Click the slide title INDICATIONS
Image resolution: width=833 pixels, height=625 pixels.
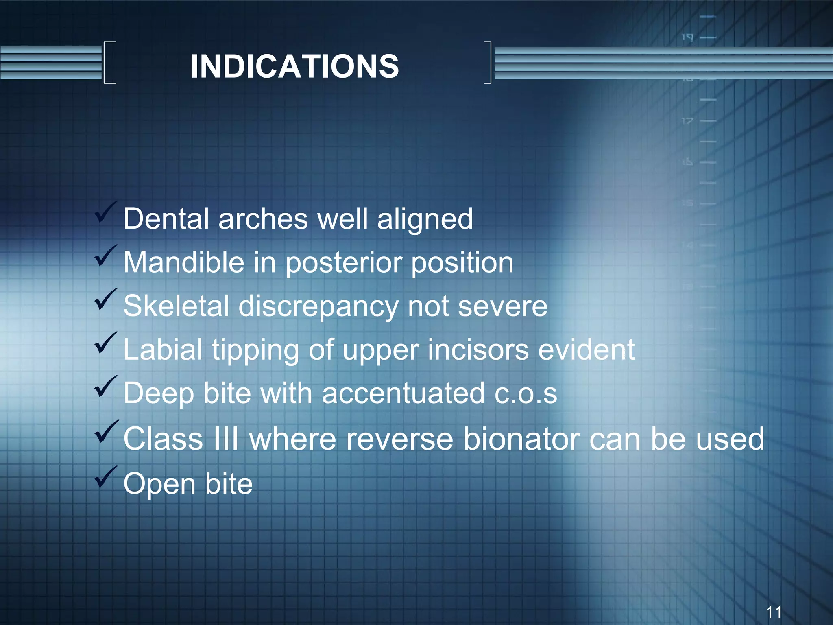(x=294, y=66)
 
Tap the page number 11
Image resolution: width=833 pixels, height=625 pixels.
(x=773, y=612)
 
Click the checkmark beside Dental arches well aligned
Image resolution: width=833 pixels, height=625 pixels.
(x=106, y=213)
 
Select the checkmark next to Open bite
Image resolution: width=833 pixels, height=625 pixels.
(x=106, y=477)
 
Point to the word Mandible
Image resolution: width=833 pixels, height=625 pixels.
(x=184, y=262)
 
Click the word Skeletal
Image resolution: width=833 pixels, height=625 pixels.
(x=176, y=306)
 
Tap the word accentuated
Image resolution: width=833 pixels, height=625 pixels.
(x=403, y=393)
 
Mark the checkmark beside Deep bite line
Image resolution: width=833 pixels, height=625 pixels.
(x=106, y=387)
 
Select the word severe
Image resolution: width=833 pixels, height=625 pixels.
(x=503, y=306)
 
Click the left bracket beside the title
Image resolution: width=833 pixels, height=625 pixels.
(x=109, y=62)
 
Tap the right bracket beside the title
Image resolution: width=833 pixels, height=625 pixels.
(x=488, y=62)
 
